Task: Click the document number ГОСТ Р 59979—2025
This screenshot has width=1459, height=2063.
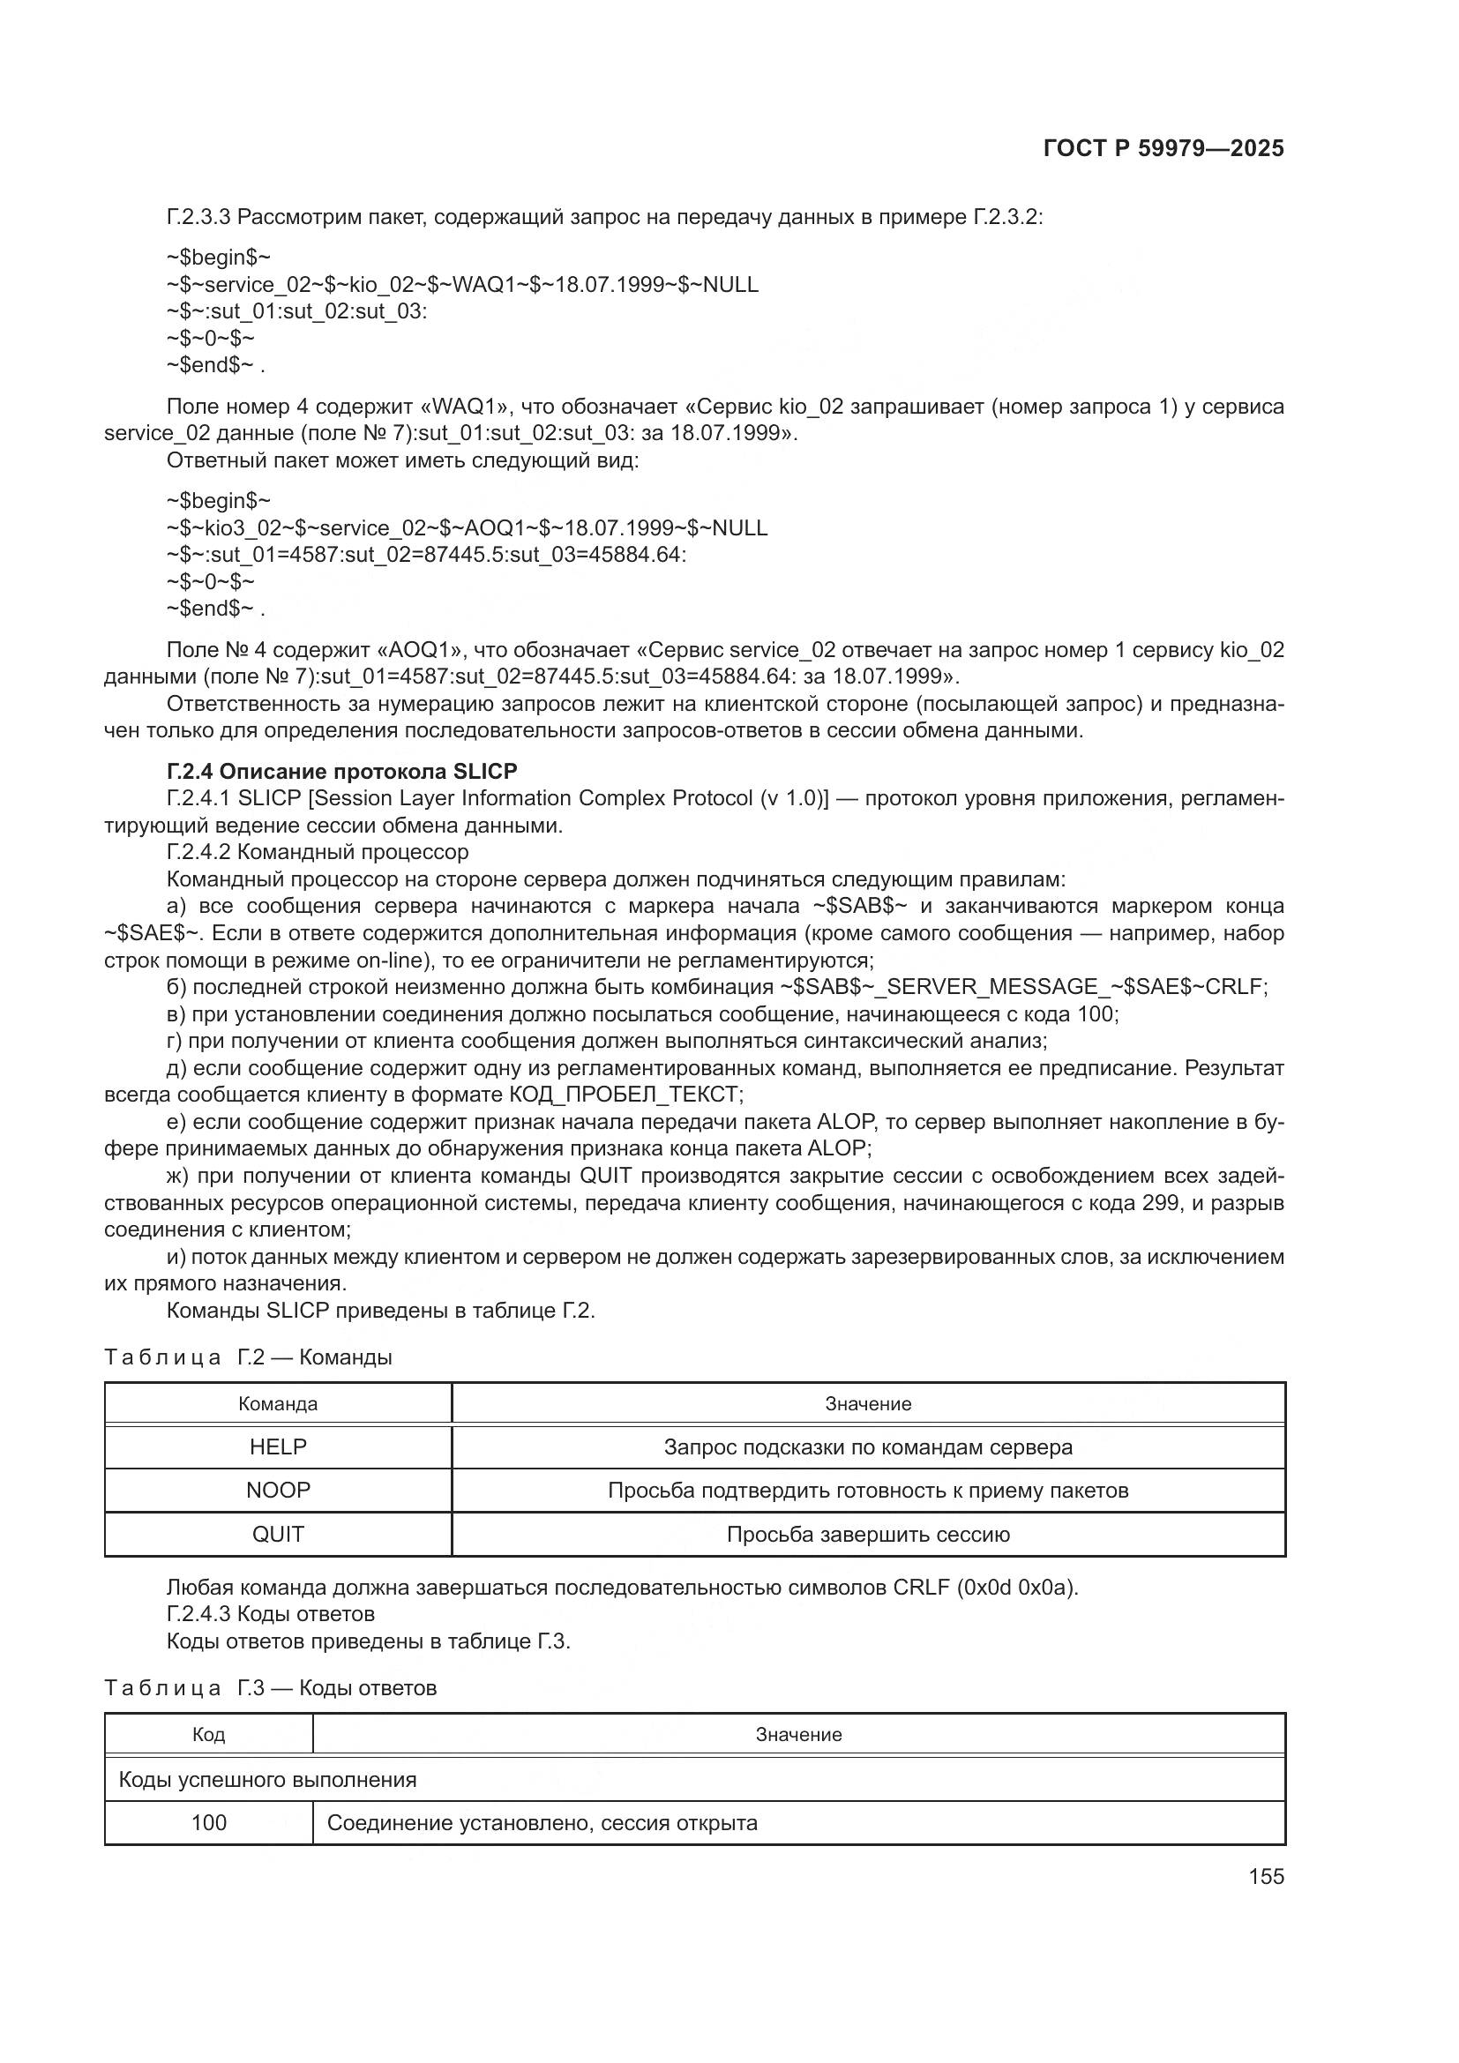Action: pos(1163,149)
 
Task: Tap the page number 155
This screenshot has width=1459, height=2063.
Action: pos(1266,1876)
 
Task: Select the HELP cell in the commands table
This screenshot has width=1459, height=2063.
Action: pos(278,1446)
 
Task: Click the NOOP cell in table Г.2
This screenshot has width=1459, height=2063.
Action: pos(278,1490)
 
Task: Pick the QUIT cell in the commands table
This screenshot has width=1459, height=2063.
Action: pos(278,1534)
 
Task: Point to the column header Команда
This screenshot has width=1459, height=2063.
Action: pos(278,1403)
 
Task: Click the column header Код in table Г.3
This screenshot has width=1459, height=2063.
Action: pos(208,1734)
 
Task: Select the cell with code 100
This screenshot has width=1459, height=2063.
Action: pos(208,1822)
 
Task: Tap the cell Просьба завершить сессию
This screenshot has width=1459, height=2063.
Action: pos(868,1534)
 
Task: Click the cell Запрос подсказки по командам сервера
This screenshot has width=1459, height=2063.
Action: pos(868,1446)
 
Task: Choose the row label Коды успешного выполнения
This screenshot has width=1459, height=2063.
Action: pos(268,1779)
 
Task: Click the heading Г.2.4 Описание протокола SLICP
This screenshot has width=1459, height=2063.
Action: pos(341,771)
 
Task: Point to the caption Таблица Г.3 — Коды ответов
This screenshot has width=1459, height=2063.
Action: pos(271,1687)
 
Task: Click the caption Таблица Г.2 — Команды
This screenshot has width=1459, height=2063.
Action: pos(248,1357)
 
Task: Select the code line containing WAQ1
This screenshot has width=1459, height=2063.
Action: pos(461,285)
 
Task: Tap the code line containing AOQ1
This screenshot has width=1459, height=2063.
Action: pos(467,527)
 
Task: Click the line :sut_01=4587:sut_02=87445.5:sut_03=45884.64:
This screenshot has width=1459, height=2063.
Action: pos(426,555)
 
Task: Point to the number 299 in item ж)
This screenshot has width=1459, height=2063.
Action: pos(1161,1202)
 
